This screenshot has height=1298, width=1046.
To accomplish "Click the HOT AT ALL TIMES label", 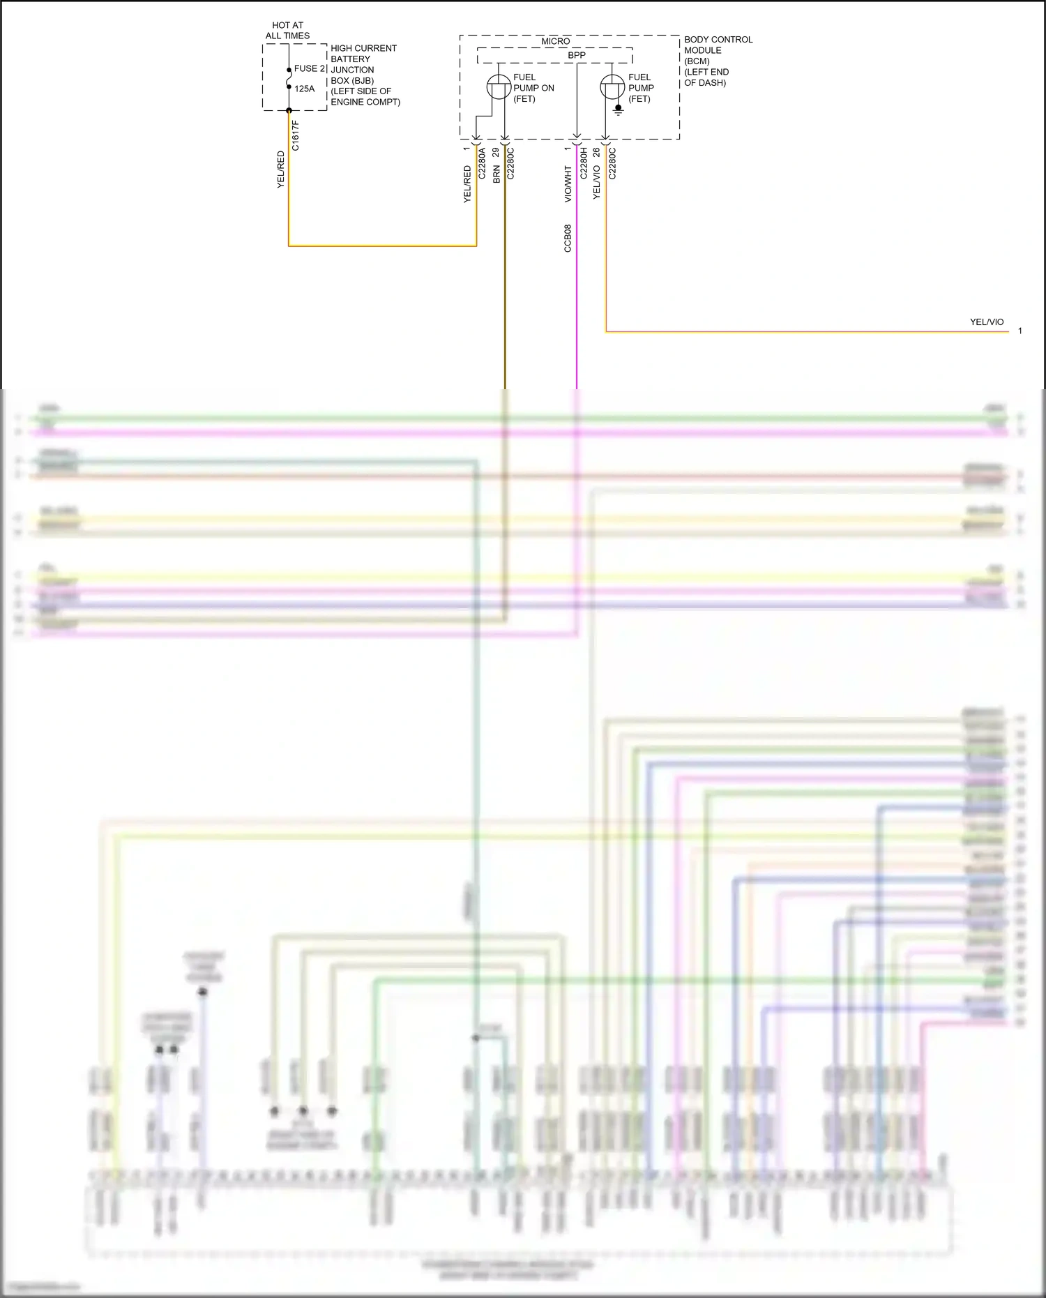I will (287, 30).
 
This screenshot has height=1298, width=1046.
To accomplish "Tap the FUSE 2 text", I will (310, 68).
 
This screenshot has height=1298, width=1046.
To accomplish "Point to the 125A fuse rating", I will (304, 89).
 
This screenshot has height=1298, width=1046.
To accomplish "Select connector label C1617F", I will (296, 135).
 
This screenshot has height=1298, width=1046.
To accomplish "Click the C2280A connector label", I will (482, 164).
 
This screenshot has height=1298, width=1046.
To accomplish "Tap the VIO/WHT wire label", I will (568, 184).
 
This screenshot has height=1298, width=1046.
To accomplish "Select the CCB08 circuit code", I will (568, 238).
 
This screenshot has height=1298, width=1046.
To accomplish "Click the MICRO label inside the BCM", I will (555, 41).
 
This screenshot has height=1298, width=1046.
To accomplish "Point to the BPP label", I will (577, 55).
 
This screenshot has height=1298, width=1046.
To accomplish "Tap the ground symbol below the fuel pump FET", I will (619, 110).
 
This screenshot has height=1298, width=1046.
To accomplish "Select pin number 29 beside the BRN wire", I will (496, 151).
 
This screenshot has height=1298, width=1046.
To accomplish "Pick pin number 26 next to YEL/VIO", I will (596, 151).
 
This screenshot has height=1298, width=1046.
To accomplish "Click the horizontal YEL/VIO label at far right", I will (986, 322).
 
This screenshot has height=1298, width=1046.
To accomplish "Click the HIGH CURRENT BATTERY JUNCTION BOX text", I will (364, 75).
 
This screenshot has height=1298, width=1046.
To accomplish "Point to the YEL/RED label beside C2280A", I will (467, 184).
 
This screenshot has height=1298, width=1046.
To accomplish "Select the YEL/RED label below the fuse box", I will (281, 169).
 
